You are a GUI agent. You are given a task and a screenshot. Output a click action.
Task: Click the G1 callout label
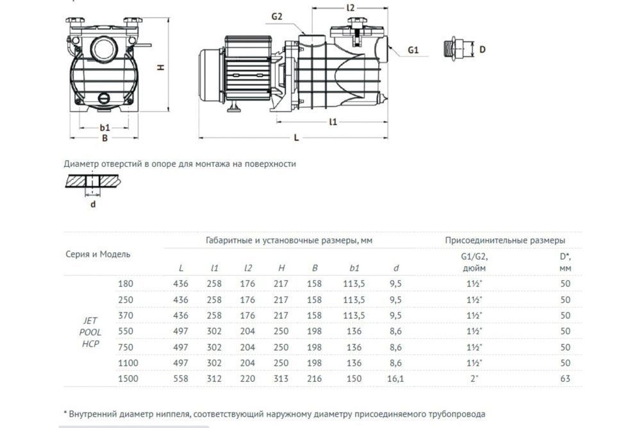pos(413,49)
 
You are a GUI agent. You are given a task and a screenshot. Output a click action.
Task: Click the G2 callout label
pos(277,17)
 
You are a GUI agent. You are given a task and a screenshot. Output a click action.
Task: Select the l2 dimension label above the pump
pos(350,8)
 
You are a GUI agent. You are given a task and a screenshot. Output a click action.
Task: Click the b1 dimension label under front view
pos(105,127)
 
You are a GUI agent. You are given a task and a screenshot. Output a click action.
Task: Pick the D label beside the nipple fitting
pos(483,49)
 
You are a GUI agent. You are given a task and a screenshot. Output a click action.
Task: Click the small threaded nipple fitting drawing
pos(454,49)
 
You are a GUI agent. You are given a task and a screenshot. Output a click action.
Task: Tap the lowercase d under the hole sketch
pos(93,205)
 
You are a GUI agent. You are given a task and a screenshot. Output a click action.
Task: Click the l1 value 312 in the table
pos(215,379)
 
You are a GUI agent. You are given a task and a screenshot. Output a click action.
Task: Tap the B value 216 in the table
pos(314,379)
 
